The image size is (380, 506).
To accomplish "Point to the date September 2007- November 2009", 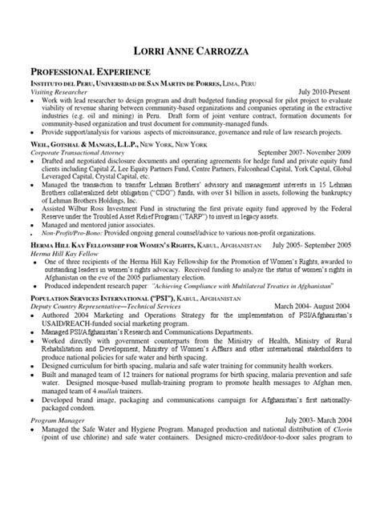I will (305, 151).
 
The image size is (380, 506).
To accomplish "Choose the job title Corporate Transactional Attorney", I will (84, 151).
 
